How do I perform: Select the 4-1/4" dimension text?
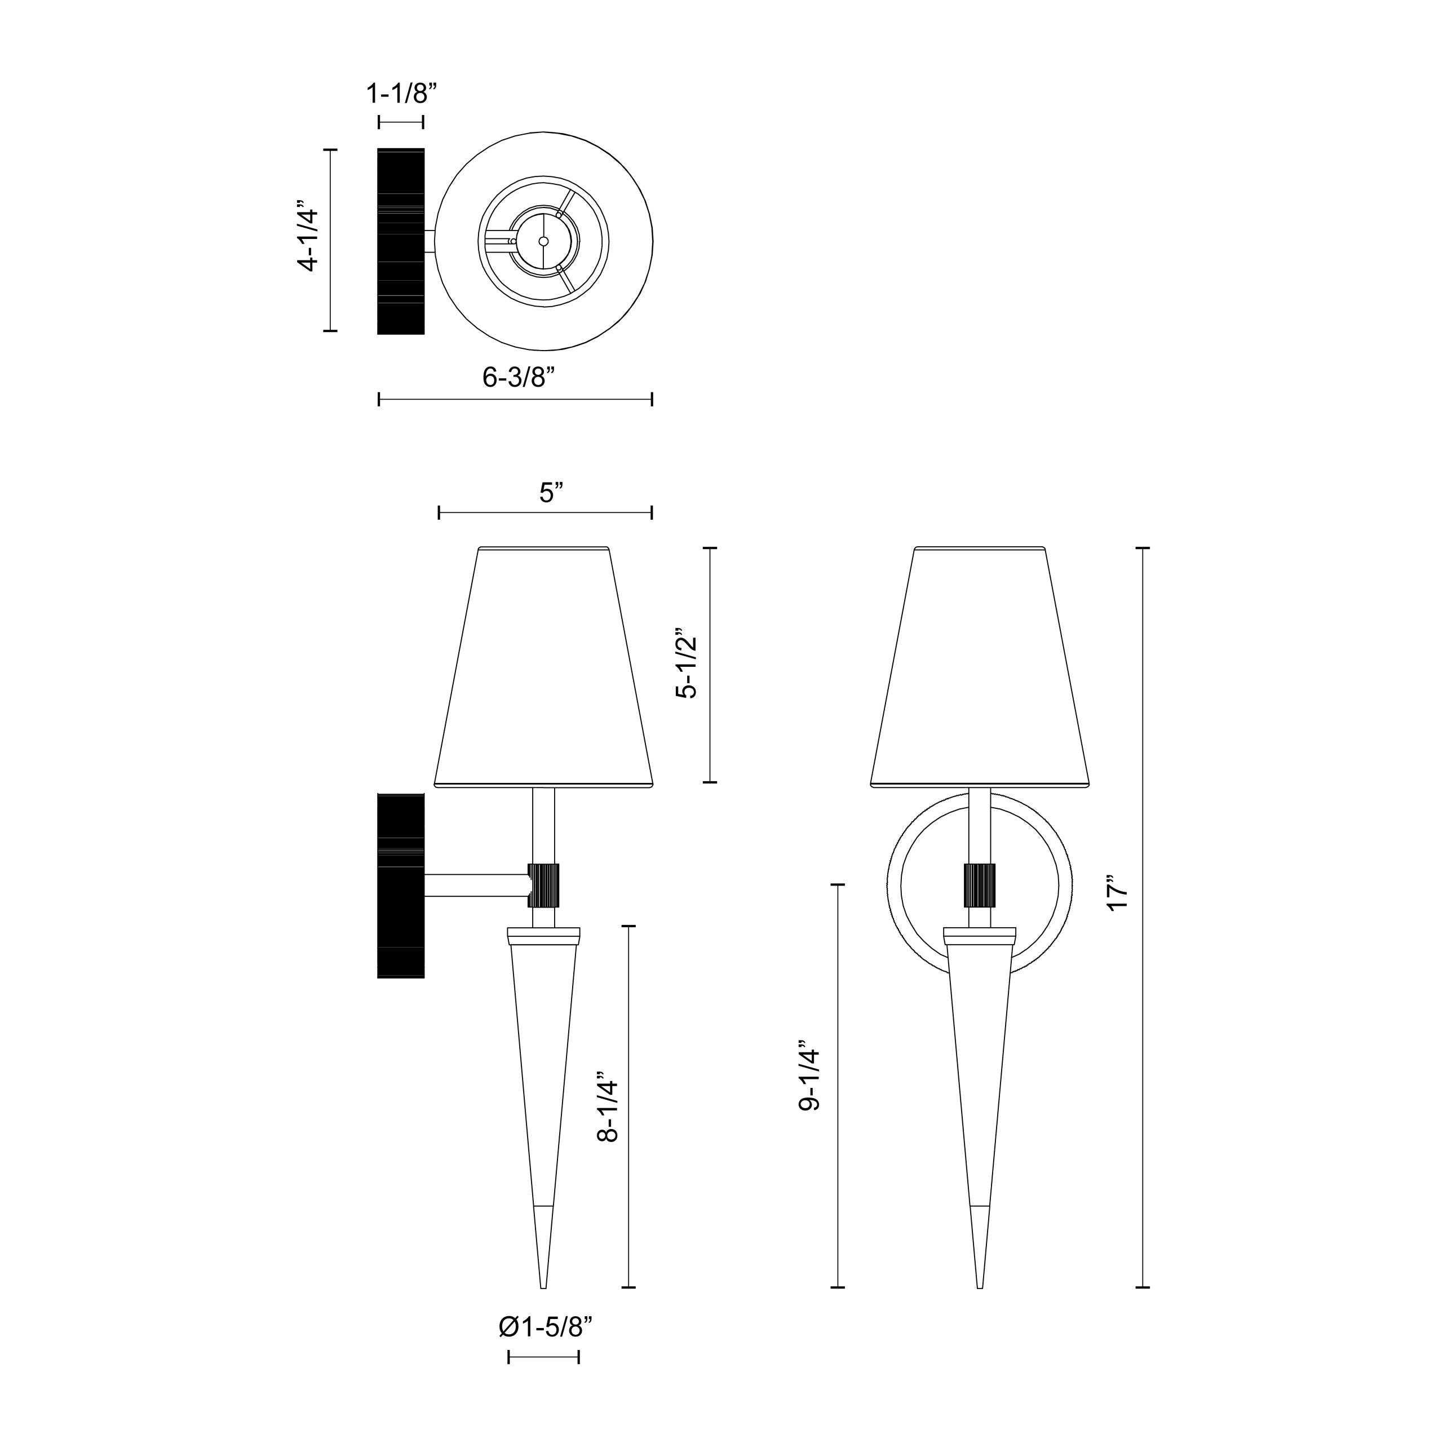308,239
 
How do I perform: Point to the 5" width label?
551,493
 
